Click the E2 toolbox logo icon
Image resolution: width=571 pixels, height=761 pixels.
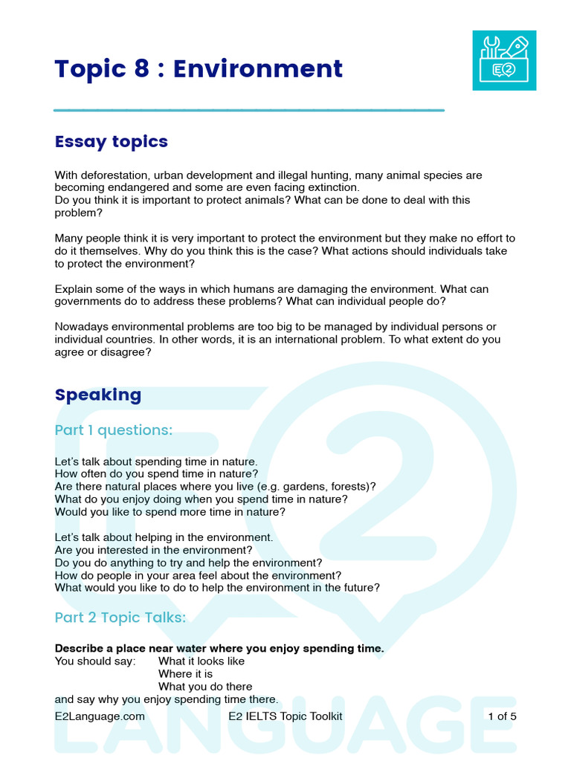point(504,60)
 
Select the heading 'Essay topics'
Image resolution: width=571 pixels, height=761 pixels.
point(112,141)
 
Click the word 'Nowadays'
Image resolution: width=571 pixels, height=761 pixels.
point(81,327)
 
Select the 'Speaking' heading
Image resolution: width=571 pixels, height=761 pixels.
point(98,395)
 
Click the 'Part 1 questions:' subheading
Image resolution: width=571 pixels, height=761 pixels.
point(114,430)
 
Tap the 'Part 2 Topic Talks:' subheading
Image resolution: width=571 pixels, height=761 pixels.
point(120,618)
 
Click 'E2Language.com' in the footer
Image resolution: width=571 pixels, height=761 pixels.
point(100,716)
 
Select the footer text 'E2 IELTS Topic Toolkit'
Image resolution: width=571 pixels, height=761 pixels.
point(285,716)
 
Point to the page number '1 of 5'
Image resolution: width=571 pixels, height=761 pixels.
point(502,716)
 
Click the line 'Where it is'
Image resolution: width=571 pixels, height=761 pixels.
point(185,674)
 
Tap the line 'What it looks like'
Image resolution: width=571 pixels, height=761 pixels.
point(201,661)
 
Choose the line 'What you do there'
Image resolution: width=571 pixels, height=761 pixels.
point(205,687)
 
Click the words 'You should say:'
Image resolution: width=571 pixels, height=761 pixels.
point(95,661)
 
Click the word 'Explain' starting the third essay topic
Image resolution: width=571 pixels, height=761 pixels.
point(74,288)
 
